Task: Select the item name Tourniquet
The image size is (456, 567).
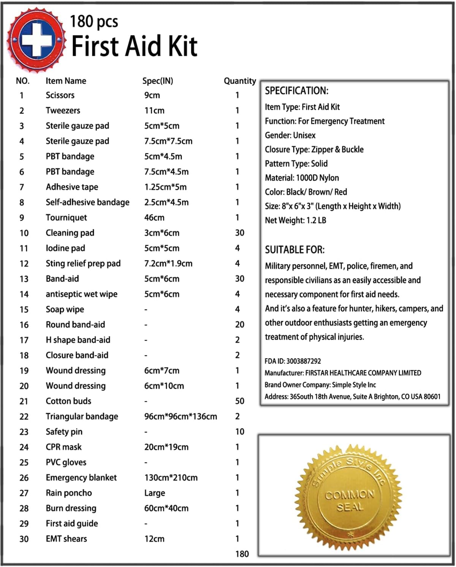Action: pyautogui.click(x=66, y=218)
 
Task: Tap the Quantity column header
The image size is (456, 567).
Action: pyautogui.click(x=240, y=81)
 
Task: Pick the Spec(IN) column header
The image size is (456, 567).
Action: pyautogui.click(x=158, y=81)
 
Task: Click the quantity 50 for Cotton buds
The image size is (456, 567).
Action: pyautogui.click(x=239, y=401)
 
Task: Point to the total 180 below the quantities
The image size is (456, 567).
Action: pyautogui.click(x=242, y=554)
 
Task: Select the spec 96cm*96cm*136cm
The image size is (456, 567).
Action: pyautogui.click(x=180, y=417)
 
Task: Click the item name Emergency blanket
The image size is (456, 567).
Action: pyautogui.click(x=81, y=478)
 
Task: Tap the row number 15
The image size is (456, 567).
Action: pyautogui.click(x=24, y=310)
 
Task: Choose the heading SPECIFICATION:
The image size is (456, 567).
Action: pyautogui.click(x=296, y=91)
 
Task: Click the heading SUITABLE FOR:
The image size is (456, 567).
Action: pyautogui.click(x=294, y=250)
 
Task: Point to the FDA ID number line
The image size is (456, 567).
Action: pyautogui.click(x=293, y=361)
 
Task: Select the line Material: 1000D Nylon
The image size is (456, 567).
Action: pyautogui.click(x=302, y=178)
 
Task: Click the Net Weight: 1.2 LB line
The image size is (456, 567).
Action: pyautogui.click(x=295, y=220)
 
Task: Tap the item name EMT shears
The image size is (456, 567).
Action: pyautogui.click(x=66, y=539)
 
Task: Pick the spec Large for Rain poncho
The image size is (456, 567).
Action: pyautogui.click(x=154, y=493)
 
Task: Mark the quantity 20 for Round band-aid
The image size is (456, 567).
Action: pyautogui.click(x=239, y=325)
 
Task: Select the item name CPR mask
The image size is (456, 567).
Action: pyautogui.click(x=63, y=447)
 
